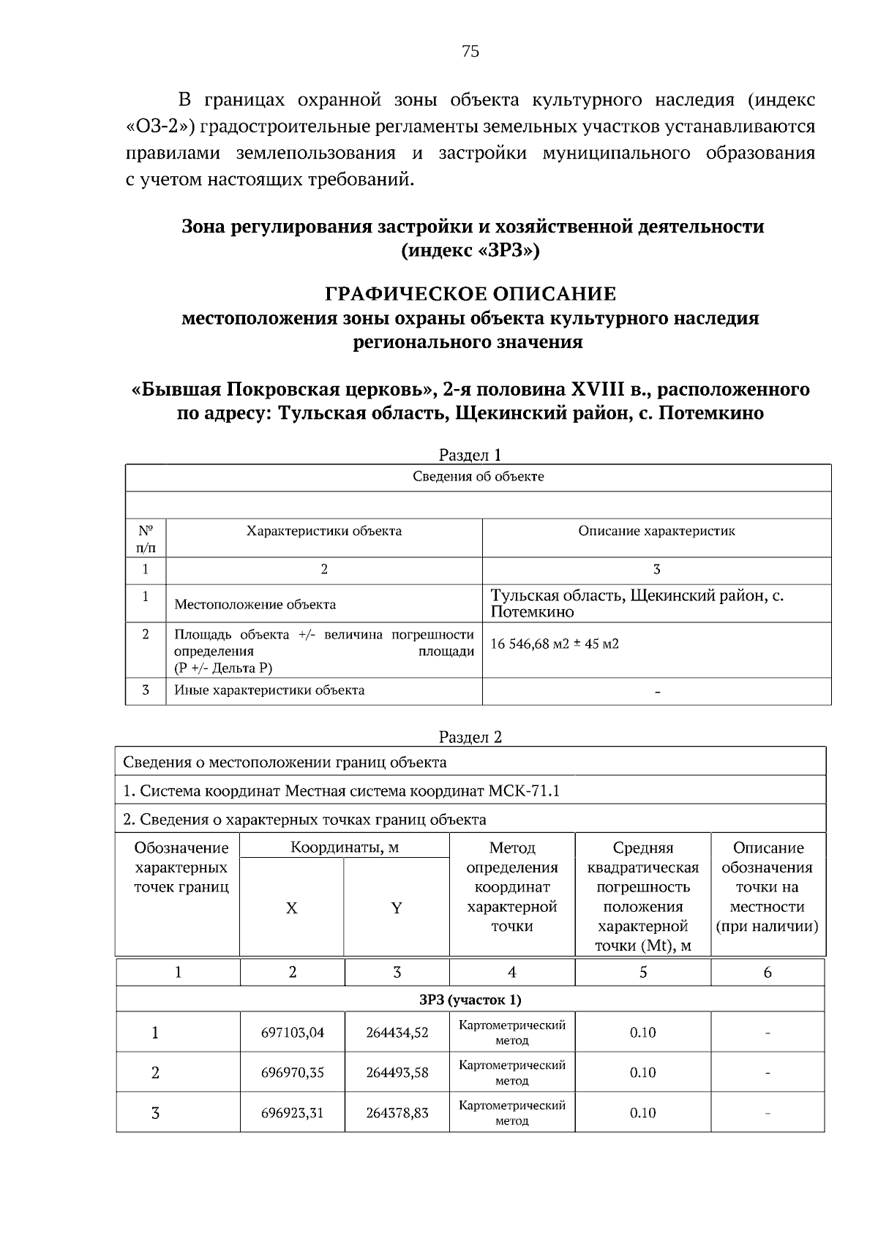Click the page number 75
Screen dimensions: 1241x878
click(470, 50)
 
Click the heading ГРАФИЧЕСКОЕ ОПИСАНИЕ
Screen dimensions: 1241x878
click(470, 294)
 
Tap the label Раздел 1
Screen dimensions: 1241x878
click(470, 455)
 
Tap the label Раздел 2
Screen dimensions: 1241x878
click(470, 737)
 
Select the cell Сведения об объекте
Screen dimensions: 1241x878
click(478, 477)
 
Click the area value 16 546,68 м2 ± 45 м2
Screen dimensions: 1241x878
click(555, 644)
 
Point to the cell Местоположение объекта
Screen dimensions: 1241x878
click(255, 605)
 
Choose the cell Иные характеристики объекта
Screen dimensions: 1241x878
click(269, 690)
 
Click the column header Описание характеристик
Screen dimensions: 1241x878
click(656, 532)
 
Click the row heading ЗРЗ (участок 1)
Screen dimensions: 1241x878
click(470, 1000)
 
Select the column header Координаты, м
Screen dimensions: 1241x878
click(345, 848)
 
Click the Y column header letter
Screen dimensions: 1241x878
click(396, 908)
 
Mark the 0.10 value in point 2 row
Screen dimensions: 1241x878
click(642, 1073)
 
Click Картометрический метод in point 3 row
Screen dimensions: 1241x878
click(511, 1112)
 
